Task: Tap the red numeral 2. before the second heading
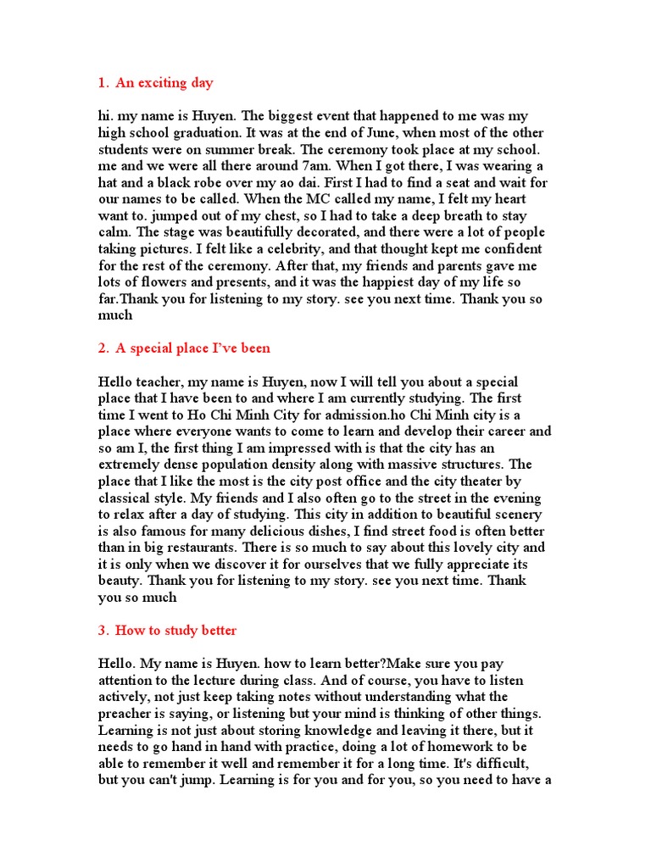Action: tap(103, 348)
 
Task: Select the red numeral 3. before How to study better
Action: tap(103, 631)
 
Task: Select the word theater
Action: tap(481, 481)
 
